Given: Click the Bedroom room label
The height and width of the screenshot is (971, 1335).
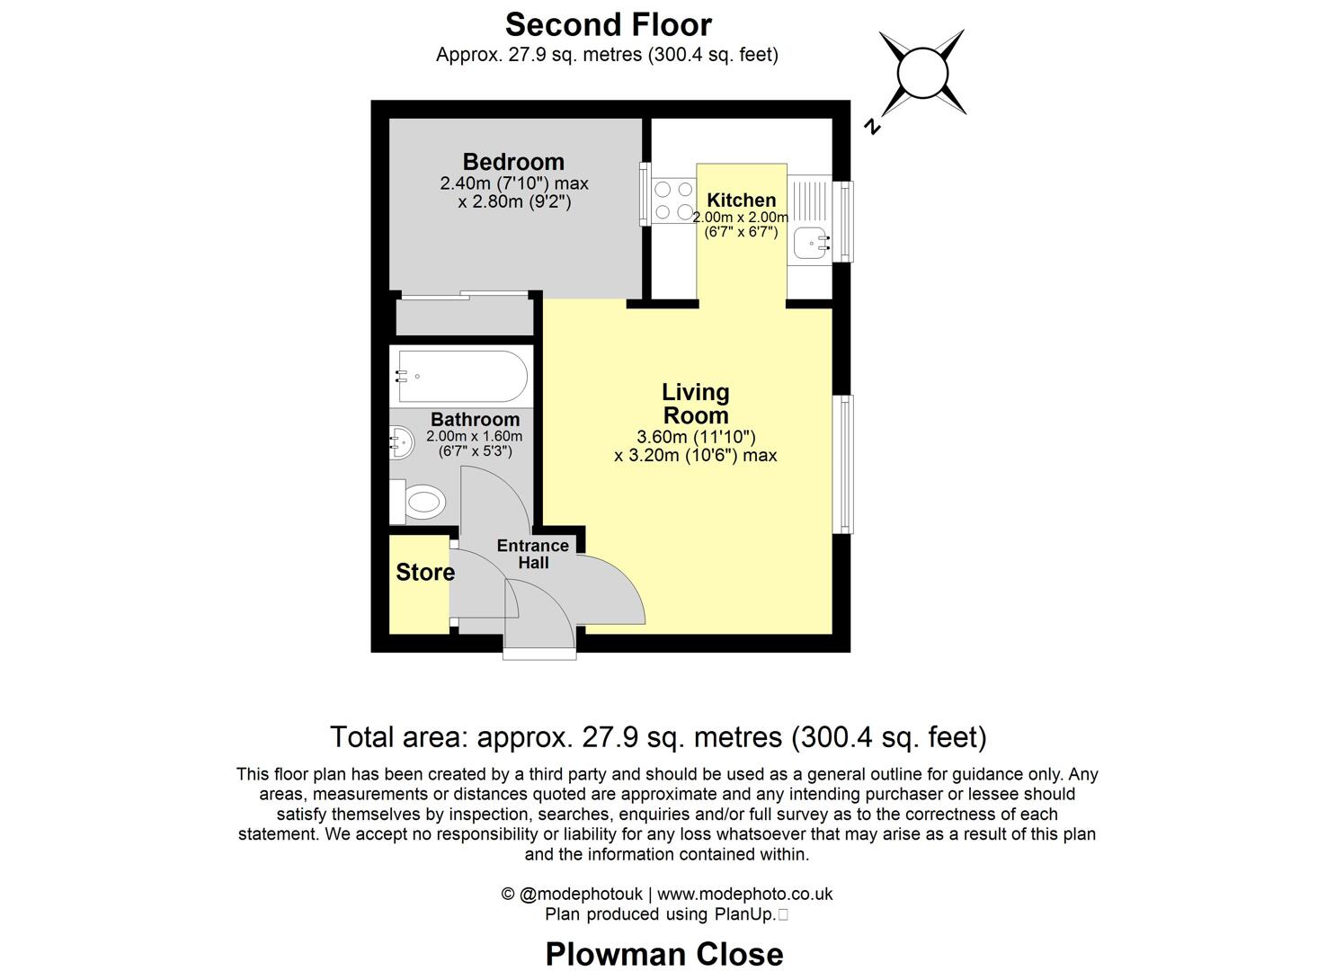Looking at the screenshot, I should [x=513, y=162].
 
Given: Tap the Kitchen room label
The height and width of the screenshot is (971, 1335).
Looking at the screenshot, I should [x=741, y=200].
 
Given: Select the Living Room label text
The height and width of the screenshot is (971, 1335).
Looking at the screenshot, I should [x=695, y=404].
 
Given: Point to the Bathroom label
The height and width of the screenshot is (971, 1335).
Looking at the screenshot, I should [x=475, y=419].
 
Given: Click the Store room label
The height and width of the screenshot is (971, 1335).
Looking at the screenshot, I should [x=424, y=573].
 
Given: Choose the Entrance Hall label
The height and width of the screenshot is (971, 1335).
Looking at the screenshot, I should [x=533, y=554].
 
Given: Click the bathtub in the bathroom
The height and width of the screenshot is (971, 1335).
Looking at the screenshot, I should [x=461, y=377].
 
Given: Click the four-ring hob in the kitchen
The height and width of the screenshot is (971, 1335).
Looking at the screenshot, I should [x=673, y=200].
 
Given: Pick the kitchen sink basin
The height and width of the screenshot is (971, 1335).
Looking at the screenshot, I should [x=812, y=242].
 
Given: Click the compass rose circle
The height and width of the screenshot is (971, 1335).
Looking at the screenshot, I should [x=921, y=72].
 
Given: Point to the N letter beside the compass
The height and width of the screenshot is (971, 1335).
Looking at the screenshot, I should [x=870, y=126].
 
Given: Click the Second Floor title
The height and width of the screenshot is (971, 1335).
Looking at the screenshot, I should [x=608, y=24].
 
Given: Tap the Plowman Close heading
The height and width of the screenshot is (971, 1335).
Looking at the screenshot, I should [x=664, y=953].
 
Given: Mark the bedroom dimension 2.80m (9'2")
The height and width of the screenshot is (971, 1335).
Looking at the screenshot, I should [x=514, y=202].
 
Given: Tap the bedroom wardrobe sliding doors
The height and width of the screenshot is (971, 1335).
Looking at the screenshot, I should [x=463, y=295].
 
